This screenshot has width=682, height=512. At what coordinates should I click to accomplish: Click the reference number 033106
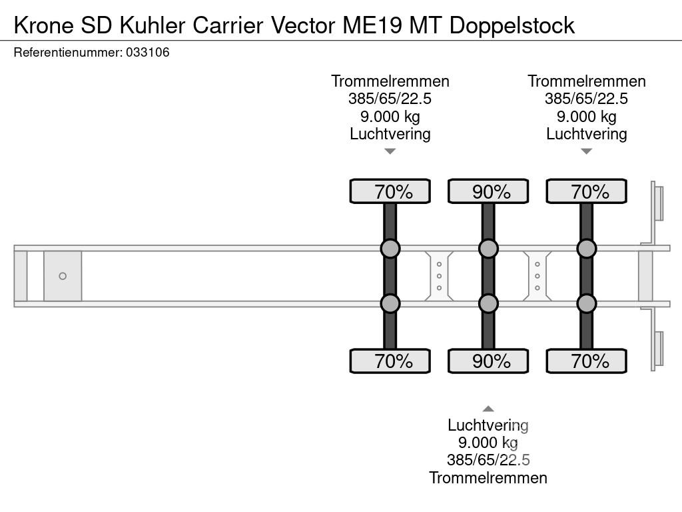point(147,53)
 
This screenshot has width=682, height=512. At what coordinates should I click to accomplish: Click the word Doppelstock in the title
point(512,25)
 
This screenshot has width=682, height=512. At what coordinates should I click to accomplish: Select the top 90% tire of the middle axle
point(488,191)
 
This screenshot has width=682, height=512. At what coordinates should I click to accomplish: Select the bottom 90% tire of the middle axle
point(488,361)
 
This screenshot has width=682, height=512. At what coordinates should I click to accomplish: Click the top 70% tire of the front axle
point(390,191)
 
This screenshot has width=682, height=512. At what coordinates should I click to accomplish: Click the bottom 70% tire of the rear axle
point(587,361)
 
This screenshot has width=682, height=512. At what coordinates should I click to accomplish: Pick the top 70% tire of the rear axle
point(587,191)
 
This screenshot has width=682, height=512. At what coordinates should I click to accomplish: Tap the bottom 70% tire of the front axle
point(390,361)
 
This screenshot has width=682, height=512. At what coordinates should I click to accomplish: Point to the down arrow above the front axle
point(390,151)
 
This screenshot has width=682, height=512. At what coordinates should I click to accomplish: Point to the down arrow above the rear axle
point(587,151)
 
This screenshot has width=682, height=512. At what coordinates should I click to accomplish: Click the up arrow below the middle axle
point(488,409)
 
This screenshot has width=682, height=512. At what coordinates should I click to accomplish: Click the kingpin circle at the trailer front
point(63,276)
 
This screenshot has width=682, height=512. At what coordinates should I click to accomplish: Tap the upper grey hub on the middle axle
point(488,249)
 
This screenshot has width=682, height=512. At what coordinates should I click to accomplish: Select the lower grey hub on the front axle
point(390,303)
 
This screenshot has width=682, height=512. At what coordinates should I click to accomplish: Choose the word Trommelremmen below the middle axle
point(488,477)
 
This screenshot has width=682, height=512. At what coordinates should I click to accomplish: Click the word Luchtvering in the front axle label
point(390,134)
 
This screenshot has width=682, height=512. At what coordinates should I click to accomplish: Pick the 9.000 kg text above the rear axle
point(587,117)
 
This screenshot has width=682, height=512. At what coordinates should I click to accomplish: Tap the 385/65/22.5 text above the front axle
point(390,99)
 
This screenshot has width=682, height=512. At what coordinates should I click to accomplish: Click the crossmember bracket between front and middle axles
point(440,276)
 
